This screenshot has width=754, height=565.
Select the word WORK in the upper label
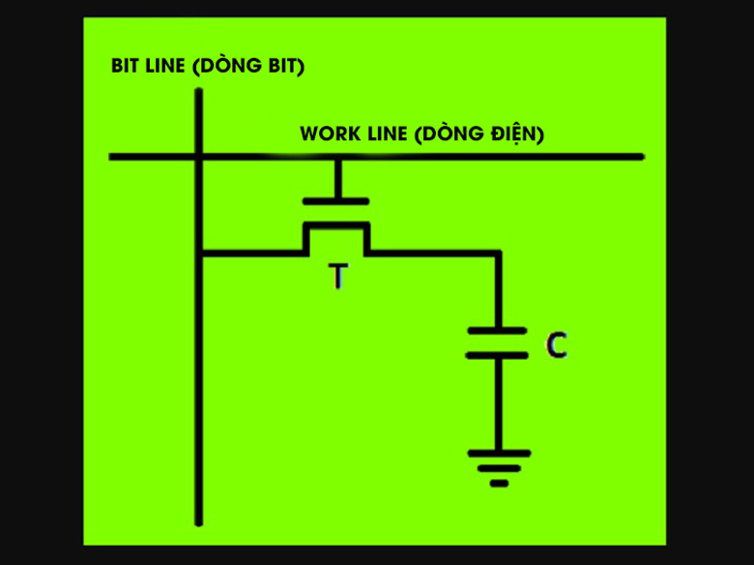click(x=325, y=134)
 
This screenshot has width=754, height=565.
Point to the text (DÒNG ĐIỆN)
click(x=478, y=134)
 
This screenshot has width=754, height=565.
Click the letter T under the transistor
click(x=336, y=278)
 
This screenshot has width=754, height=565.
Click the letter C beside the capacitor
click(x=556, y=345)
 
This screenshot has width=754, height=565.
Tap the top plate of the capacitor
click(x=497, y=331)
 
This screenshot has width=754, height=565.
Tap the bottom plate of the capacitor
click(x=497, y=355)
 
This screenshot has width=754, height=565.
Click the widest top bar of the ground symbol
click(x=499, y=453)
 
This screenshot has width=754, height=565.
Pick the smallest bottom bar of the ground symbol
click(x=499, y=483)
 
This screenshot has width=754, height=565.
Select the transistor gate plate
click(x=336, y=201)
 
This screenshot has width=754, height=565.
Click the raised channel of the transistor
click(x=336, y=225)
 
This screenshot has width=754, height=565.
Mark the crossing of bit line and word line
click(x=199, y=156)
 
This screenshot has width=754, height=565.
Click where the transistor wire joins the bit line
click(x=199, y=253)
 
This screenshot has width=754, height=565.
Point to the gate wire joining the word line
click(x=336, y=157)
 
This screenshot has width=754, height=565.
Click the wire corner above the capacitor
click(x=498, y=253)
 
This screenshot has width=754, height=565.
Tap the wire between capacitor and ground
click(x=498, y=401)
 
